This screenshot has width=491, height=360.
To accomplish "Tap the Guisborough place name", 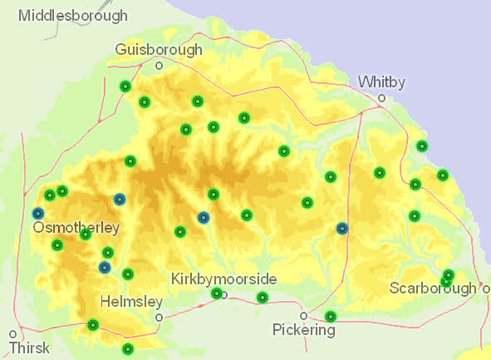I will tap(160, 50).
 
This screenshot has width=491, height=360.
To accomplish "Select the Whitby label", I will tap(381, 81).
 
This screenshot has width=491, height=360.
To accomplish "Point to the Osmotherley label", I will tap(76, 227).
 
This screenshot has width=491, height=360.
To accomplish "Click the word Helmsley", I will tap(130, 301).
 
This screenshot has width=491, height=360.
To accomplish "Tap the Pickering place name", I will tap(304, 330).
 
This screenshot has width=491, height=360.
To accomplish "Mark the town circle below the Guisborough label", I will tap(159, 65).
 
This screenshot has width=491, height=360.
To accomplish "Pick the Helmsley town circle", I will tap(158, 316).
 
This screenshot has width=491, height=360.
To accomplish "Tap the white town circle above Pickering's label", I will tap(304, 315).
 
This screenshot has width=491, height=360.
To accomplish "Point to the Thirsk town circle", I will tap(12, 332).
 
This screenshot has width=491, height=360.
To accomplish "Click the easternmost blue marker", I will tap(342, 228).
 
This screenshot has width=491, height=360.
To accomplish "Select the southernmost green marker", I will tap(127, 348).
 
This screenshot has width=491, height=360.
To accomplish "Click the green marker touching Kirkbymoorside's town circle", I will tap(217, 293).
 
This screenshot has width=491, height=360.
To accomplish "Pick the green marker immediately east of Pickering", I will tap(331, 316).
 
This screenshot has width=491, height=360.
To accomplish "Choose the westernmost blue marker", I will tap(38, 214).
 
